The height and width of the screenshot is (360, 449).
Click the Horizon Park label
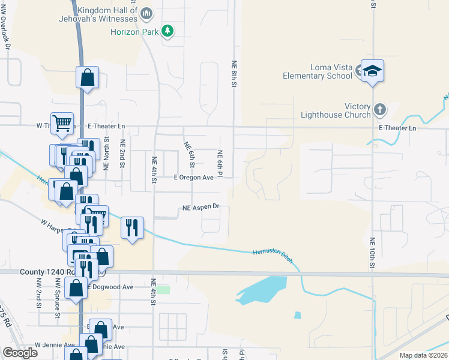[x=134, y=31]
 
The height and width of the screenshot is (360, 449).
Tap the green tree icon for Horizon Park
[x=169, y=31]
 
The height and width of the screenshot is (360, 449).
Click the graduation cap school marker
[x=372, y=71]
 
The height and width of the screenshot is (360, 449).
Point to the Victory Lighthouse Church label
[x=340, y=110]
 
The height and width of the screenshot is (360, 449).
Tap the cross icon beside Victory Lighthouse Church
[x=379, y=110]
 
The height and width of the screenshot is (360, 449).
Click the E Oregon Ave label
[x=193, y=178]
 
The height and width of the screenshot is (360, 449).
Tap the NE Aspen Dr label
[x=202, y=208]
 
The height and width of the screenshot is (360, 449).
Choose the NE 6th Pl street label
[x=220, y=163]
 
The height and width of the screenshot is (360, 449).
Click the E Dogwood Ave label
[x=110, y=287]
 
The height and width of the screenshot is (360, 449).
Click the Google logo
[x=20, y=352]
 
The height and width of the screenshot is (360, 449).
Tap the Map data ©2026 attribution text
[x=423, y=355]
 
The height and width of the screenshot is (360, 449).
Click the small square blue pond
[x=297, y=315]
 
